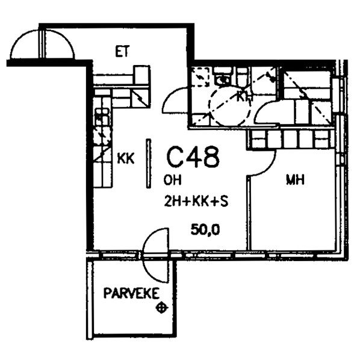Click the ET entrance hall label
tap(122, 51)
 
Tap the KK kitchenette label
tap(126, 158)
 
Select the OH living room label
tap(172, 180)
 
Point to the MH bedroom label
tap(295, 180)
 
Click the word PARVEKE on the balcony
tap(131, 293)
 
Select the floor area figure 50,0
tap(205, 230)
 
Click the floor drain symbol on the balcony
tap(162, 307)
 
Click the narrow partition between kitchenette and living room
tap(149, 164)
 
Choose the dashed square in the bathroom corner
tap(200, 77)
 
